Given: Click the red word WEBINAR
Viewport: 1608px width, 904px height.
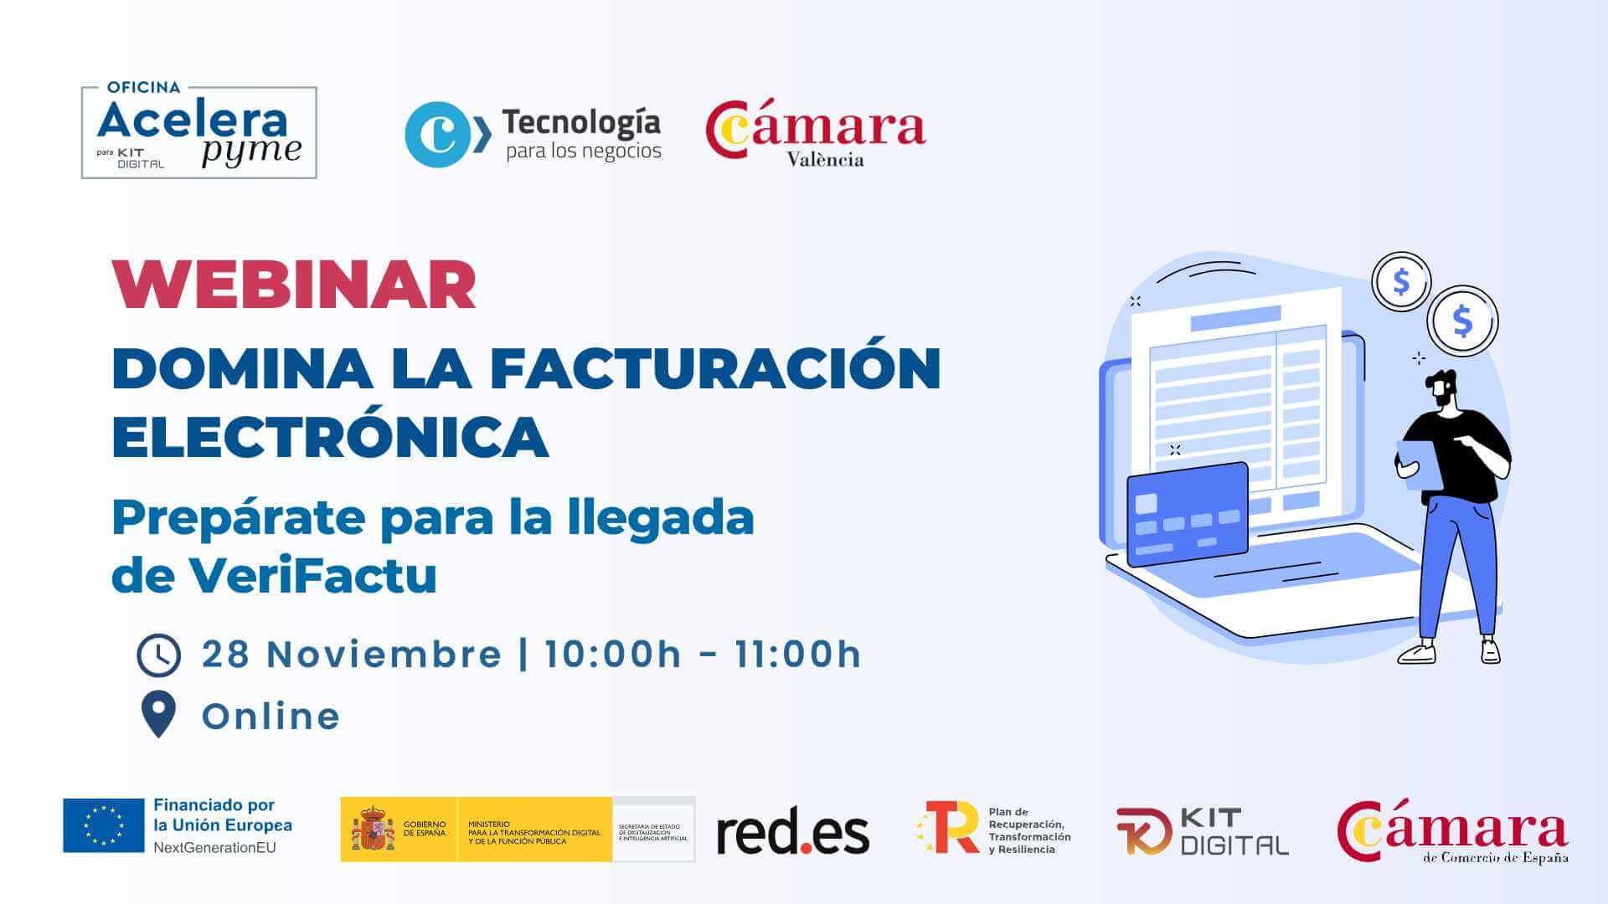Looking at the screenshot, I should [294, 285].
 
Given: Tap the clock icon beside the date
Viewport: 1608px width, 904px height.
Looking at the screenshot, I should [158, 655].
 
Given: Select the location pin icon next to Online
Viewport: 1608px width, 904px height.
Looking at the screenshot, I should [158, 714].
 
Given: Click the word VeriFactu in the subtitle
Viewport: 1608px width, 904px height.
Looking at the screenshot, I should [312, 575].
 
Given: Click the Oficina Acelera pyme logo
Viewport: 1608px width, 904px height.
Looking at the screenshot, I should [198, 132].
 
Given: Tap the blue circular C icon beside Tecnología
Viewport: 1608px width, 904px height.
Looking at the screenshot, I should [437, 134].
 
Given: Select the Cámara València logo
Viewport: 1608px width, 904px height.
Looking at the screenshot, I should [816, 134].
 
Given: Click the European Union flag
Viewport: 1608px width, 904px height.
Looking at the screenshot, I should [104, 825].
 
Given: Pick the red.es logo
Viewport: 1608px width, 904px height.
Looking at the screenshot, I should [792, 833].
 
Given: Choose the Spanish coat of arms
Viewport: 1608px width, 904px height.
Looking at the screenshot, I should [373, 830].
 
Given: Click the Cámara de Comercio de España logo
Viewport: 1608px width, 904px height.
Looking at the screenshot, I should [1452, 831].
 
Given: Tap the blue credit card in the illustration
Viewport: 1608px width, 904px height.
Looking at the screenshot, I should [1188, 515].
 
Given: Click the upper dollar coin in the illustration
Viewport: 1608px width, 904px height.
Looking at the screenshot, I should [1401, 282].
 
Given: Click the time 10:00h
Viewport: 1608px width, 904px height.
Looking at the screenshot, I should [613, 655].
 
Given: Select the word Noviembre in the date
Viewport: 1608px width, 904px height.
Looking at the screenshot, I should [384, 655].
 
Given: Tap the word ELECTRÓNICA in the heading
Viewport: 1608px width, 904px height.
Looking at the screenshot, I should [330, 436].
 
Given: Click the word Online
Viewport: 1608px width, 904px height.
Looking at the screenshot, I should [271, 717].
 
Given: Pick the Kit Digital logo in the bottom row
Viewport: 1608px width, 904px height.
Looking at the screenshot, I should [1203, 831].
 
